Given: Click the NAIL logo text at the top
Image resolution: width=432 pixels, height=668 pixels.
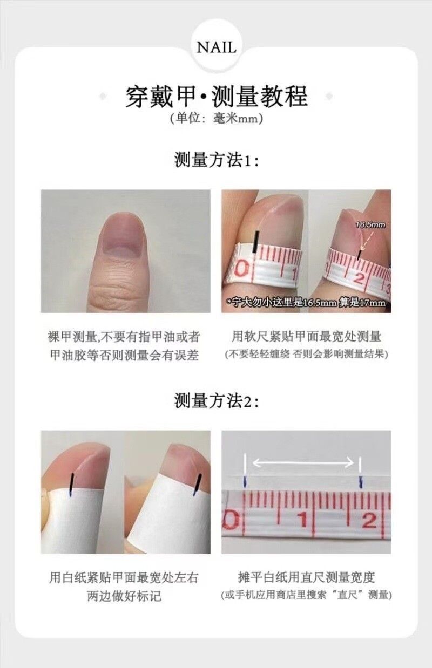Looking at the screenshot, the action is [216, 47].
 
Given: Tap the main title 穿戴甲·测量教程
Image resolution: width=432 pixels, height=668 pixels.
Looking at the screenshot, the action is [216, 96].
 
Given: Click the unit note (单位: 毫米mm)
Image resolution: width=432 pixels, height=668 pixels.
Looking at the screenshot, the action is [216, 119].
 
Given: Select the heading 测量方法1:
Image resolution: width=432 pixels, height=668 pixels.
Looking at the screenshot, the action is [216, 160].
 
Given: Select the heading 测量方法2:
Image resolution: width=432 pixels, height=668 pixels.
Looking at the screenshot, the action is [216, 400].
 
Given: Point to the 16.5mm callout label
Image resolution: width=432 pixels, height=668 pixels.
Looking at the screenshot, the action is [370, 224].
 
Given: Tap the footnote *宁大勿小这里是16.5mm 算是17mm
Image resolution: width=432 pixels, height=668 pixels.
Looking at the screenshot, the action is [306, 303].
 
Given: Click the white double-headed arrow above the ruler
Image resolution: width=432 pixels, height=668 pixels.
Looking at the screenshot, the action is [303, 463].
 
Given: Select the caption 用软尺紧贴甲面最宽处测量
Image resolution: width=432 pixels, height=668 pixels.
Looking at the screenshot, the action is [306, 337].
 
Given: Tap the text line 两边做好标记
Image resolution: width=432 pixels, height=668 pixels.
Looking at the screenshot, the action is [124, 596].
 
